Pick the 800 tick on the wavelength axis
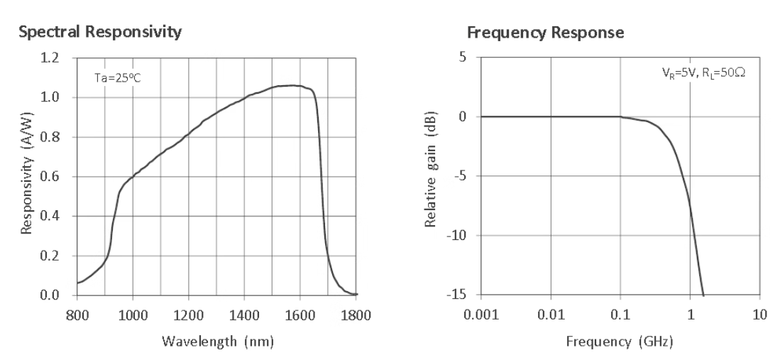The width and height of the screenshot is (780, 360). (77, 315)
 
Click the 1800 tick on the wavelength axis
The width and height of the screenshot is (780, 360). (356, 315)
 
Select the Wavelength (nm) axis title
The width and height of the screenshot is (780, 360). (216, 342)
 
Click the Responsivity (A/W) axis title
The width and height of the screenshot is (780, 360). (26, 177)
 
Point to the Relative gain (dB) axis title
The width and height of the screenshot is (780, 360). (431, 176)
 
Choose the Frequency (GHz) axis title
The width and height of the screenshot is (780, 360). (620, 342)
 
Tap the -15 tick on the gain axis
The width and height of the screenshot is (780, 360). (463, 295)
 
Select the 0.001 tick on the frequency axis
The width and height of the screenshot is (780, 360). (480, 315)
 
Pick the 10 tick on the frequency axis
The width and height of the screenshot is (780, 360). (759, 315)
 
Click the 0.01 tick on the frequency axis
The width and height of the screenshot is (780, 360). (551, 315)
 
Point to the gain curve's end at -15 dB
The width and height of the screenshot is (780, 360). (703, 295)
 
